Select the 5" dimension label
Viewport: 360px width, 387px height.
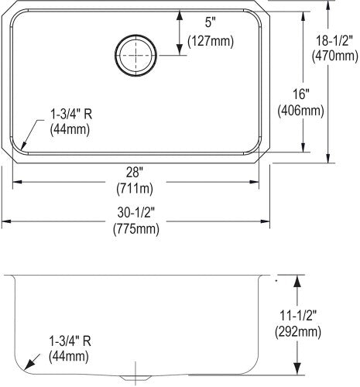click(210, 22)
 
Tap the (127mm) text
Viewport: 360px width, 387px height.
click(211, 41)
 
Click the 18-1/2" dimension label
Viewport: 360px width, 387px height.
click(334, 41)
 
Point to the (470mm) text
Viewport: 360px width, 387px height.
click(335, 56)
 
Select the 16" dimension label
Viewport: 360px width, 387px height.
click(300, 94)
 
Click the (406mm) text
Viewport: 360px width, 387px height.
click(300, 111)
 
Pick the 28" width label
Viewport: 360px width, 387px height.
click(135, 172)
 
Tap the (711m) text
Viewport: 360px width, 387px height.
click(135, 189)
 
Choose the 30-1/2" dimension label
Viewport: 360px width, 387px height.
click(136, 213)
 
